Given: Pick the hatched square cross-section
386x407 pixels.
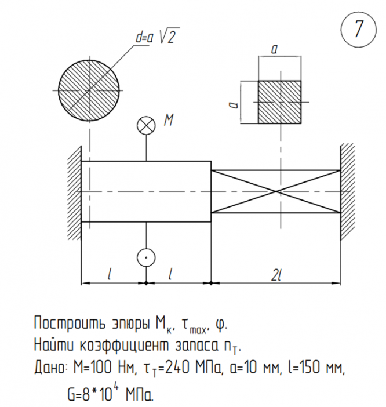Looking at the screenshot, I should click(x=279, y=101).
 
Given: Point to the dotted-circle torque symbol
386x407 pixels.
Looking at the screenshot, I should click(x=145, y=256).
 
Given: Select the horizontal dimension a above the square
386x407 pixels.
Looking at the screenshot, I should click(x=274, y=50).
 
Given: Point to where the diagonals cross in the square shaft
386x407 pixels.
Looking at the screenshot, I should click(x=277, y=191).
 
